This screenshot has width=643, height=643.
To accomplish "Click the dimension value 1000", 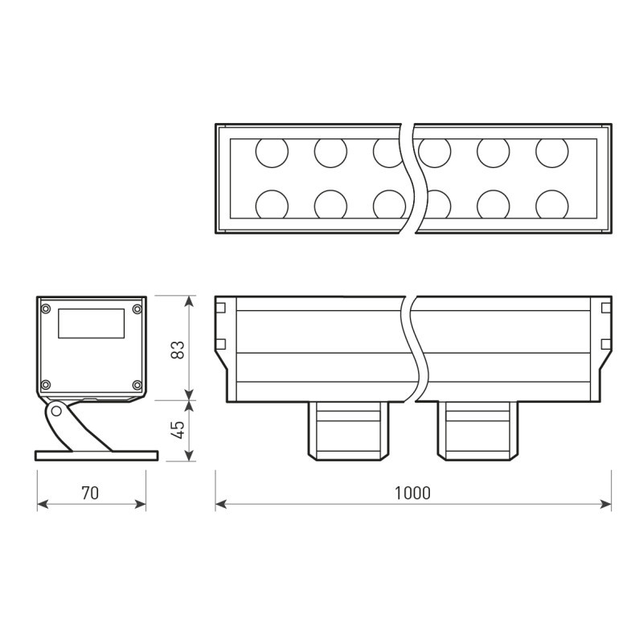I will coord(412,493).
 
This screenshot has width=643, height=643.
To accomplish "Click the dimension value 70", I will coord(90,493).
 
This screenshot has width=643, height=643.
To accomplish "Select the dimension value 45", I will coord(178,429).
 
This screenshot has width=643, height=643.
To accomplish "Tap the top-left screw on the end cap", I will coord(46,309).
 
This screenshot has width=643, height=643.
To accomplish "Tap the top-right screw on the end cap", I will coord(137,309).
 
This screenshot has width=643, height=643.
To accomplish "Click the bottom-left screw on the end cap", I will coord(46,384).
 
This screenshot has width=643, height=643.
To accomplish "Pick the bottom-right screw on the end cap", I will coord(137,384).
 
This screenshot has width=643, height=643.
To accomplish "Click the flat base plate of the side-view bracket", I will coord(96,456).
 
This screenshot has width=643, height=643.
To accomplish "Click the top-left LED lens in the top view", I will coord(272,152).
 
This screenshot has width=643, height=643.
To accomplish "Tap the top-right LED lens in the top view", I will coord(551,152).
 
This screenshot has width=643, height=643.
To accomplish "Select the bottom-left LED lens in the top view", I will coord(272,204).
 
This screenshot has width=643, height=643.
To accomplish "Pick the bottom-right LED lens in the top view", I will coord(551,204).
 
